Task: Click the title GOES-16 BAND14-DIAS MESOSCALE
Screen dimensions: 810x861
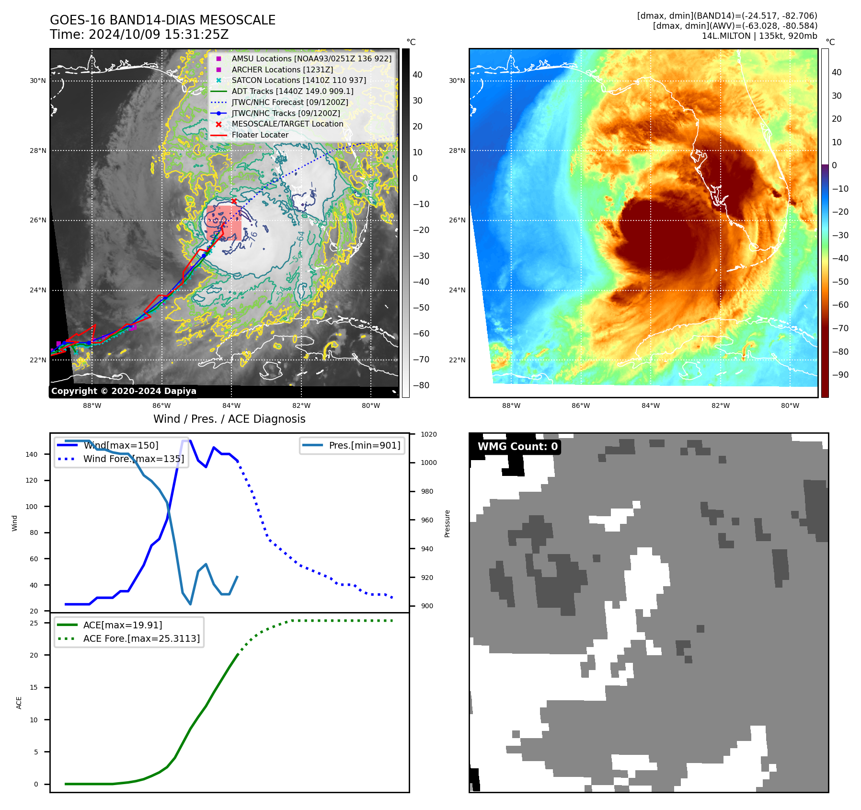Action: pyautogui.click(x=162, y=20)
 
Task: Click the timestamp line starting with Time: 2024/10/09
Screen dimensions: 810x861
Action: pyautogui.click(x=139, y=35)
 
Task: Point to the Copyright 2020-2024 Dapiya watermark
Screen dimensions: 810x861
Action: pyautogui.click(x=124, y=391)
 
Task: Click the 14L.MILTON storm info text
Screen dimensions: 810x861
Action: pyautogui.click(x=759, y=36)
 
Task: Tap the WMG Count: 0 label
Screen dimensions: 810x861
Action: pyautogui.click(x=517, y=447)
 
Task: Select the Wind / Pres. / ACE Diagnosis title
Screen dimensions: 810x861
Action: pyautogui.click(x=229, y=419)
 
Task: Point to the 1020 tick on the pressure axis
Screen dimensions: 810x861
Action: pyautogui.click(x=428, y=434)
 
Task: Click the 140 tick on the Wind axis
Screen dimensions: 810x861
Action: pyautogui.click(x=31, y=454)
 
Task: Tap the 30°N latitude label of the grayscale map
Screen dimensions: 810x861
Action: pyautogui.click(x=38, y=81)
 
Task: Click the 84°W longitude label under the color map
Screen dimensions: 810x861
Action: pyautogui.click(x=650, y=405)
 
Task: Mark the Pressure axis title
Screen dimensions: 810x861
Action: pyautogui.click(x=447, y=523)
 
